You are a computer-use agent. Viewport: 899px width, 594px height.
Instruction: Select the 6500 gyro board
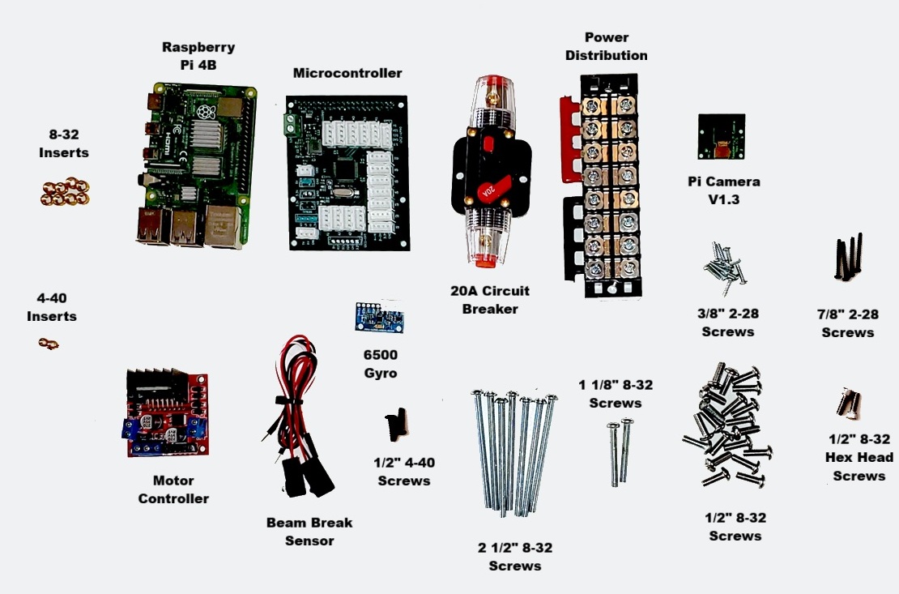[x=380, y=315]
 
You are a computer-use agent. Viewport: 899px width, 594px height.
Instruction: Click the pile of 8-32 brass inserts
[x=65, y=192]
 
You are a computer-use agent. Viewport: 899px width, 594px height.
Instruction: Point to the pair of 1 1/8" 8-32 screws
[x=620, y=451]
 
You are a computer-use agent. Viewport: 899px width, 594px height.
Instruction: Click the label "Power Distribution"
[x=606, y=46]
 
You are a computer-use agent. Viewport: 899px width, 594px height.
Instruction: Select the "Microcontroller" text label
[x=347, y=73]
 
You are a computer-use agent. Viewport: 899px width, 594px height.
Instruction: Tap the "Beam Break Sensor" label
[x=309, y=532]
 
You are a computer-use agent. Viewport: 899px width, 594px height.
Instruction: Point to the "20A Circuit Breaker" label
[x=490, y=299]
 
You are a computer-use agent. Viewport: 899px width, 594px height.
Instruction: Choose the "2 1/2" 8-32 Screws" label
[x=514, y=557]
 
